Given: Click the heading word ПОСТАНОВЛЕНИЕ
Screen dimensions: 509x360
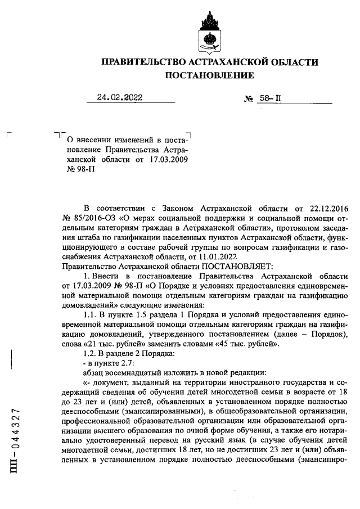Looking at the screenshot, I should pos(209,75).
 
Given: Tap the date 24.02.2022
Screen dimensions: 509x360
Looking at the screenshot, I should pos(119,97).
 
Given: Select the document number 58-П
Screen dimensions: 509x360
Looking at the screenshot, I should pos(269,98).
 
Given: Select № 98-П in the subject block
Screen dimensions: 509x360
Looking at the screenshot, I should pos(79,170).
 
